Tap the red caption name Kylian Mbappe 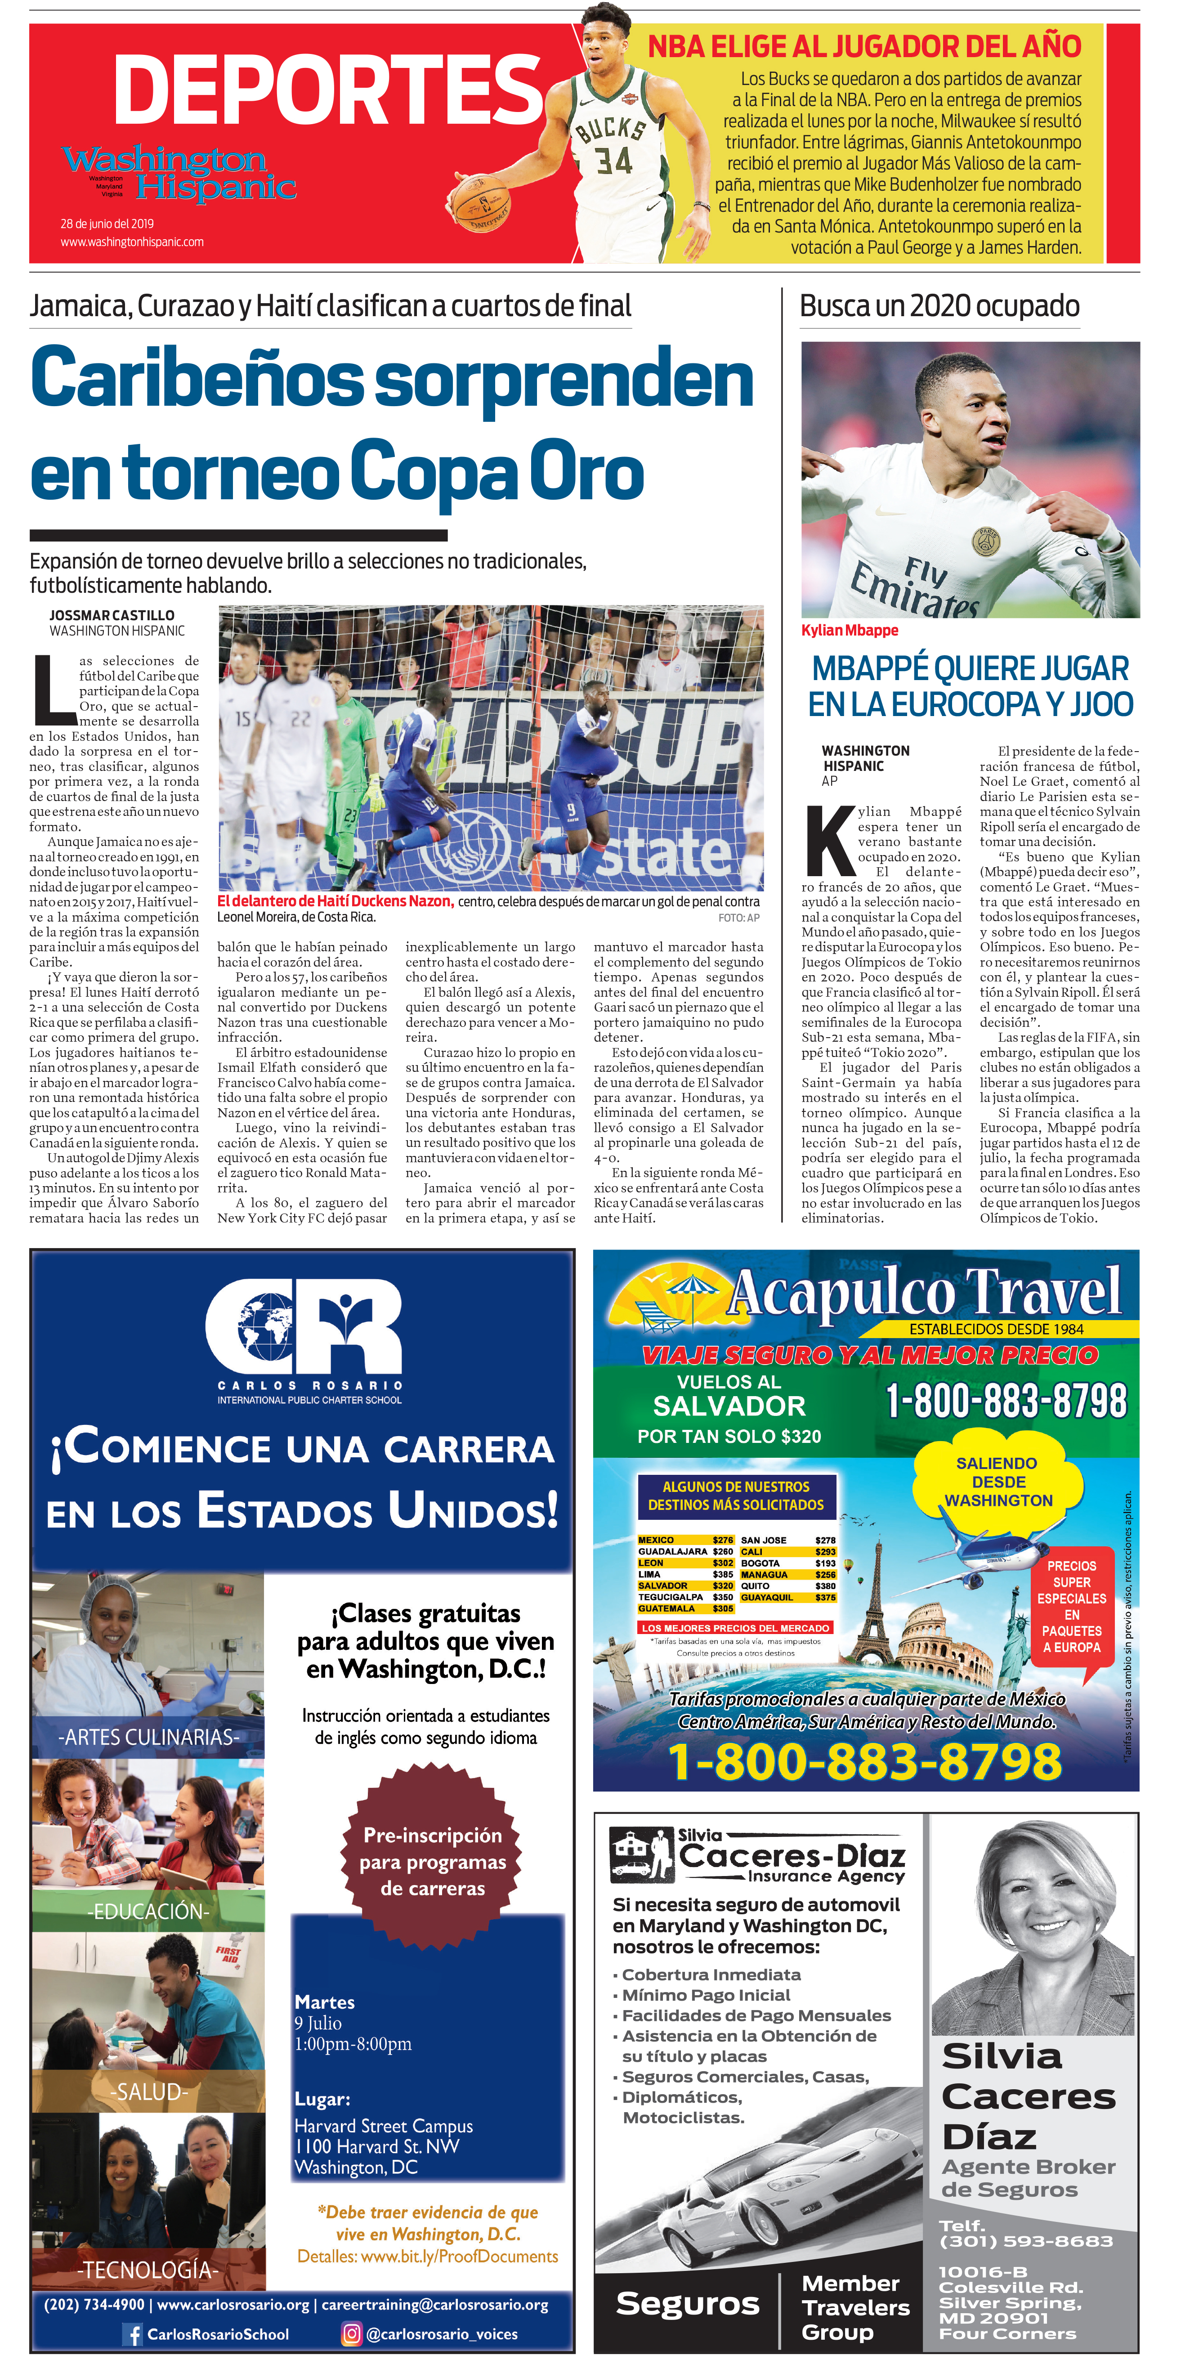coord(850,630)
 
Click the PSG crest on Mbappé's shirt coord(986,542)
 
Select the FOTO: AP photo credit coord(738,917)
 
